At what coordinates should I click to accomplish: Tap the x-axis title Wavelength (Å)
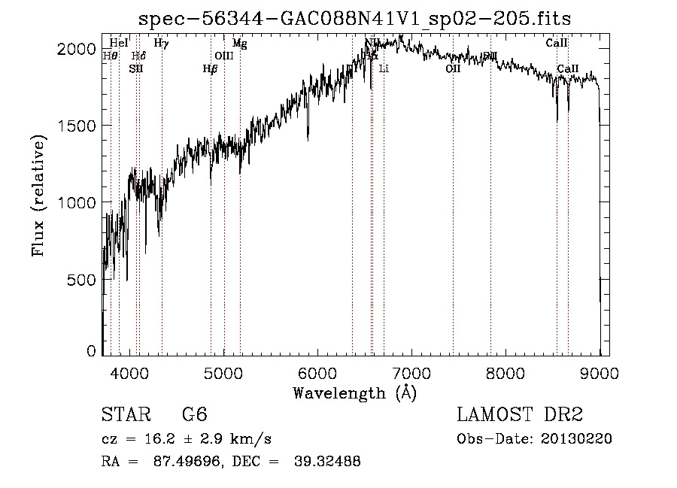pos(354,393)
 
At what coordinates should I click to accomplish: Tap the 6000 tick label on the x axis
pos(317,372)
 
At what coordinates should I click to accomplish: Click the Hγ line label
pos(161,44)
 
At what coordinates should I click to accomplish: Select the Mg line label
pos(239,44)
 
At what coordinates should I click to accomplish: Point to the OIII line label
pos(224,56)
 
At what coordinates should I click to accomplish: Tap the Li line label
pos(384,69)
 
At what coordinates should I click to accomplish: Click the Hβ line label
pos(211,69)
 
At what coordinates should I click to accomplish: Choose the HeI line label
pos(119,44)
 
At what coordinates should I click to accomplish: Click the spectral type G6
pos(195,415)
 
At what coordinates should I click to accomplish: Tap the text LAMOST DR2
pos(520,415)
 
